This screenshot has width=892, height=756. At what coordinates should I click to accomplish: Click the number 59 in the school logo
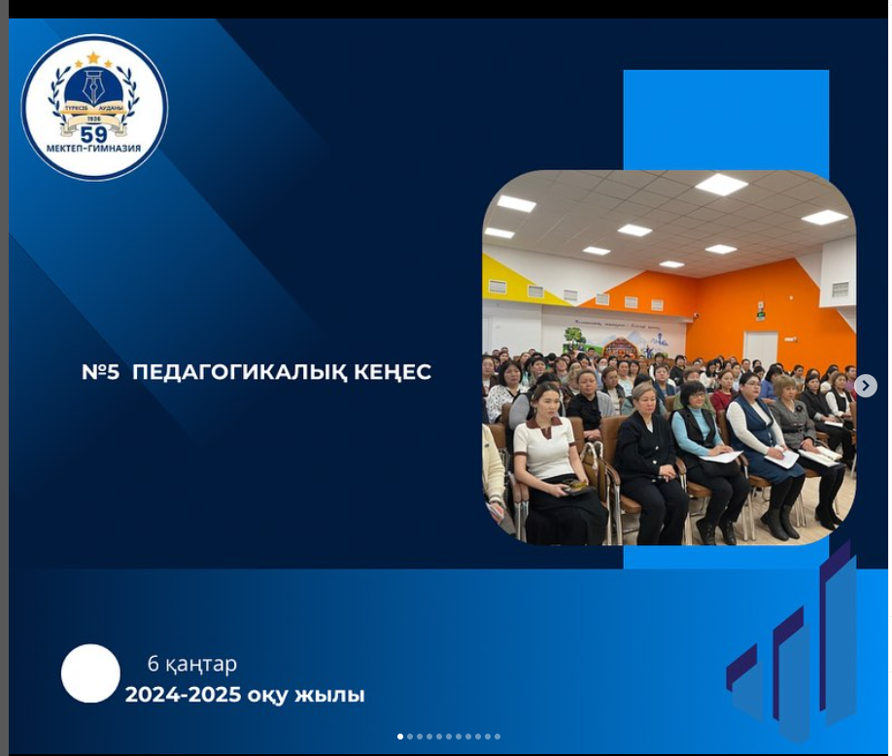[94, 134]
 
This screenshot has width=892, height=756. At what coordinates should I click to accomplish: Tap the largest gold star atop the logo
[93, 57]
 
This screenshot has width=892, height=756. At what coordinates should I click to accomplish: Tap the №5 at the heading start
[101, 372]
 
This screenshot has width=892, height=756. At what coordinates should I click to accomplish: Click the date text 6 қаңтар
[192, 665]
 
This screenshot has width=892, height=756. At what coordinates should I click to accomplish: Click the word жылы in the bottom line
[335, 696]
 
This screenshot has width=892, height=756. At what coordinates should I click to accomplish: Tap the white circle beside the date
[90, 673]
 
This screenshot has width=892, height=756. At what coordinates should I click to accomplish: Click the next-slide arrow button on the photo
[865, 386]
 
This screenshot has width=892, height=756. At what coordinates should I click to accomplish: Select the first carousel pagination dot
[400, 737]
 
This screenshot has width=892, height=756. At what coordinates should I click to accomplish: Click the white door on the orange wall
[760, 347]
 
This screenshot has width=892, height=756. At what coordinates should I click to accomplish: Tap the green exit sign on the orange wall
[760, 314]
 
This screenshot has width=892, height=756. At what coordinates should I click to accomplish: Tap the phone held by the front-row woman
[577, 487]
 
